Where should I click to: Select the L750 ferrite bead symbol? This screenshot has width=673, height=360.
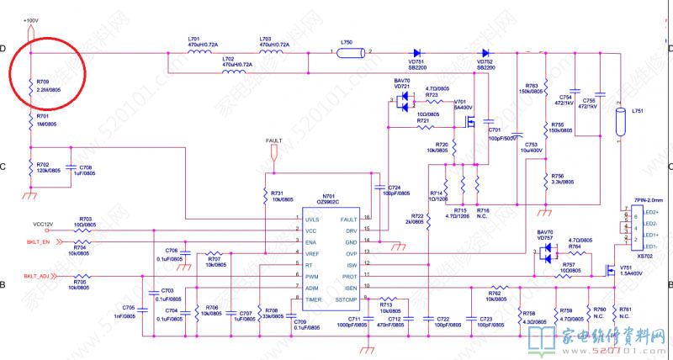point(347,52)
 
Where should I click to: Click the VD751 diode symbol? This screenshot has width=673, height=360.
point(416,52)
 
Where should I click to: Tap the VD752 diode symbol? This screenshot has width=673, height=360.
point(485,52)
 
